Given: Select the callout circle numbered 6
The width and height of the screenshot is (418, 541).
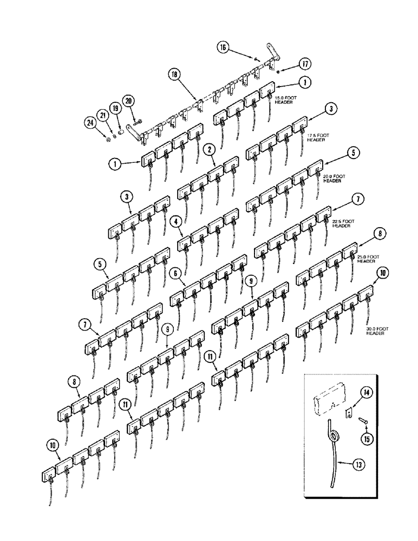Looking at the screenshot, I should tap(175, 273).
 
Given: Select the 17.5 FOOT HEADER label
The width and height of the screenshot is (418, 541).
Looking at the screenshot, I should tap(318, 137).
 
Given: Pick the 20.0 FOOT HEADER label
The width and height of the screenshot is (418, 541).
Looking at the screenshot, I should tap(332, 179).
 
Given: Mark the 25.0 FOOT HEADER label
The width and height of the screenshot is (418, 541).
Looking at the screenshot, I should tap(367, 259).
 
